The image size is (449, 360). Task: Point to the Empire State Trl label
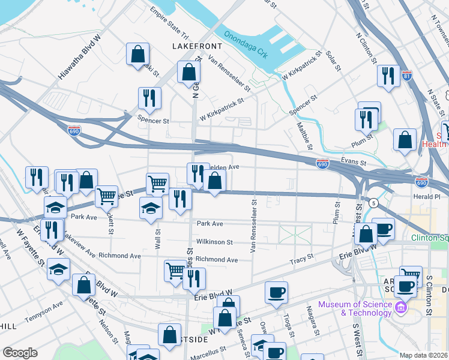[170, 22]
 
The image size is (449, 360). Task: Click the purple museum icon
[402, 308]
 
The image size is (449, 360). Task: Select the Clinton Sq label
[430, 238]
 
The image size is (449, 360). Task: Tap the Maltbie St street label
[304, 136]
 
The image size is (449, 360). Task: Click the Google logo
[20, 353]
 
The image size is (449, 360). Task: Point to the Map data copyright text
[424, 355]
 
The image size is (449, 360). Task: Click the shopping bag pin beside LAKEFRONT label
[137, 54]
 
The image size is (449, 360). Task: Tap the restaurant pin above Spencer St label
[149, 98]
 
